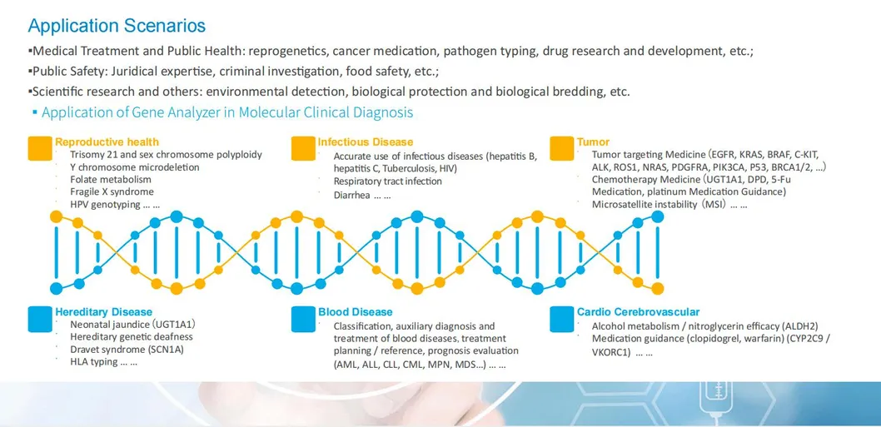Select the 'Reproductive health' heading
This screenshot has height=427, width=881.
coord(107,142)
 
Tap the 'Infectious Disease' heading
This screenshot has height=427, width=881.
coord(365,142)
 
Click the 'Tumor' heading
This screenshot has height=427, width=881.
coord(593,142)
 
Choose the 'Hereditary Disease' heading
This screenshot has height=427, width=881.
coord(103,312)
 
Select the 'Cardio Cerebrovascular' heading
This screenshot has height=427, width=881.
coord(638,312)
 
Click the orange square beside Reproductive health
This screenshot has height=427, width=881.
coord(40,148)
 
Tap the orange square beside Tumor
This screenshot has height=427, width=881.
coord(563,148)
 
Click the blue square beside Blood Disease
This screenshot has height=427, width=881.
coord(304,320)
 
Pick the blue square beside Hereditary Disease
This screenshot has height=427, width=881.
coord(40,320)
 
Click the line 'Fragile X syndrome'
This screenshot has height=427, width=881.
coord(112,191)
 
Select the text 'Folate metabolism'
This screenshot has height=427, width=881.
coord(111,179)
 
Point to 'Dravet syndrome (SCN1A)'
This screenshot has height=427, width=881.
coord(127,350)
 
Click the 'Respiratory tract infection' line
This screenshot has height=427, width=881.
coord(387,181)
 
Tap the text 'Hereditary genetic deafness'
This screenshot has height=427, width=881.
coord(132,337)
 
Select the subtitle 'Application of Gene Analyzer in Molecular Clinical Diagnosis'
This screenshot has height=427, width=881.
coord(226,112)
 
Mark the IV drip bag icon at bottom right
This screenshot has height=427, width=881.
coord(716,396)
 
